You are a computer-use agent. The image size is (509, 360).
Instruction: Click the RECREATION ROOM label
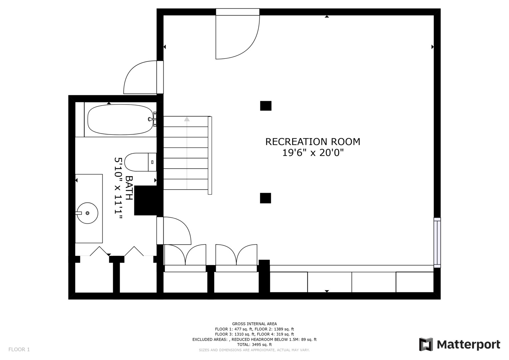tap(313, 142)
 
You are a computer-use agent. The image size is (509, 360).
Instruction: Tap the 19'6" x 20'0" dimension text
tap(313, 153)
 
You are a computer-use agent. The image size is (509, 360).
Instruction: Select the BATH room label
tap(129, 188)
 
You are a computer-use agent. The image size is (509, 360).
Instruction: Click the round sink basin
tap(87, 213)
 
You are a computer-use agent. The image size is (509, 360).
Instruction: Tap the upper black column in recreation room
tap(266, 106)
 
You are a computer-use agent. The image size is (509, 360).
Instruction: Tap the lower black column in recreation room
tap(265, 198)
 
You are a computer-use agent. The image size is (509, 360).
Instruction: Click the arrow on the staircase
tap(187, 119)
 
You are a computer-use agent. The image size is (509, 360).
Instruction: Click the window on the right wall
tap(437, 242)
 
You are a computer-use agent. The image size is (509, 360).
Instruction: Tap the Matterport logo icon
tap(426, 344)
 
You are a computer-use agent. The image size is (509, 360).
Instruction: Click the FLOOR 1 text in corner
tap(19, 349)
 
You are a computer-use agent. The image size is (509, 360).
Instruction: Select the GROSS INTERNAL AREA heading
tap(254, 324)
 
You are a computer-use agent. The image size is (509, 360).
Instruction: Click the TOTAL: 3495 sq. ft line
tap(254, 345)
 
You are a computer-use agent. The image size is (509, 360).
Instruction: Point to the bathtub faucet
tap(151, 119)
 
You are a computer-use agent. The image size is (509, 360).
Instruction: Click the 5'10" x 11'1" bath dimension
tap(118, 188)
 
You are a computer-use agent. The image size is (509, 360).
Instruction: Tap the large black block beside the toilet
tap(146, 200)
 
